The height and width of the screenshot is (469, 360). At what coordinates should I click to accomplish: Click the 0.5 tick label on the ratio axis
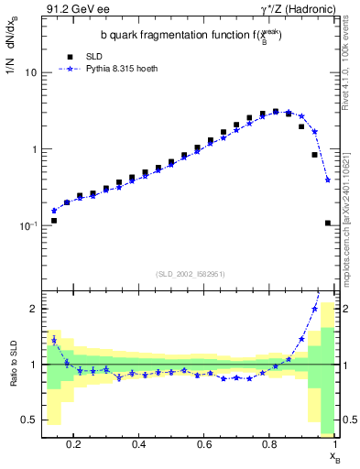coord(27,420)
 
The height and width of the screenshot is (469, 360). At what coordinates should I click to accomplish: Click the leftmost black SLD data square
coord(54,221)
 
